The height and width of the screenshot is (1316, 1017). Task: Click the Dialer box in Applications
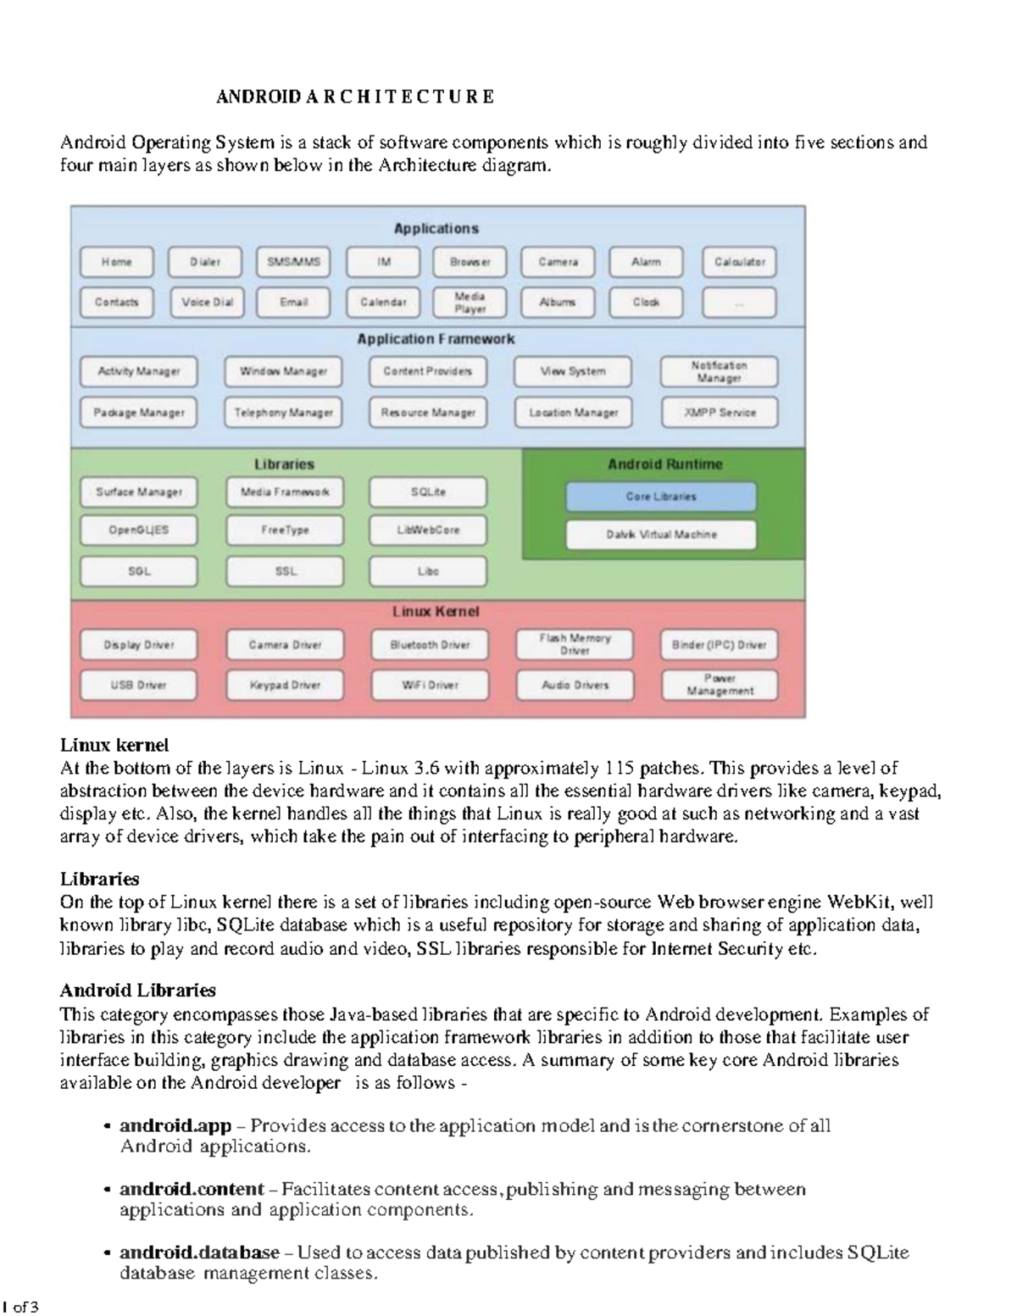[205, 262]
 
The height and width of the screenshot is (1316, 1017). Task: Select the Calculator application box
[739, 262]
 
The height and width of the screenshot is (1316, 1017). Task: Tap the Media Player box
[470, 303]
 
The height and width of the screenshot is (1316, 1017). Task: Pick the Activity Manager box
[139, 371]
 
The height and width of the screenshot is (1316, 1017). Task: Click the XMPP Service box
[720, 413]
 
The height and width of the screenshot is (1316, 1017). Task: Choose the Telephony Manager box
[284, 413]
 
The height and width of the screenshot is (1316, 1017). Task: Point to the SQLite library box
[428, 491]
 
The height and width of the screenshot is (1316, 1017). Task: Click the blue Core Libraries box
[661, 497]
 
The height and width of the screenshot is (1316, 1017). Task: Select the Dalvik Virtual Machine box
[661, 535]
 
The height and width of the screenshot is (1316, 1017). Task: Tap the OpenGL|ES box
[139, 530]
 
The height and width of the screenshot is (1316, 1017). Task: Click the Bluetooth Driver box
[430, 645]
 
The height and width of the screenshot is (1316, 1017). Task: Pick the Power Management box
[720, 685]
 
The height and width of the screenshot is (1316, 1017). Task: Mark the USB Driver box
[139, 685]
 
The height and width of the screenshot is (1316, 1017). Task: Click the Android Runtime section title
[664, 464]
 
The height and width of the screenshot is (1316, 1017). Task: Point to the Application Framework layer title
[436, 339]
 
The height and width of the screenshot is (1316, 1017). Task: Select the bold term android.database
[199, 1252]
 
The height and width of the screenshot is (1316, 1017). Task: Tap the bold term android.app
[175, 1125]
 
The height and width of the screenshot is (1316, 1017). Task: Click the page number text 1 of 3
[21, 1307]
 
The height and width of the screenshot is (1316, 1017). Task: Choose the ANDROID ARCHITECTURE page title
[355, 97]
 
